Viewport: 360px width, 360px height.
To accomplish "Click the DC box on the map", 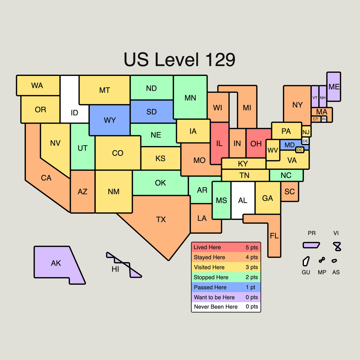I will (300, 150).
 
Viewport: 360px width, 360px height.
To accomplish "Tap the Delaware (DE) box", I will (305, 141).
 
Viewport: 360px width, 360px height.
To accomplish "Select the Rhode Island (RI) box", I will (324, 119).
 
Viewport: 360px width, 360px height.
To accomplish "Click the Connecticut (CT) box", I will (316, 119).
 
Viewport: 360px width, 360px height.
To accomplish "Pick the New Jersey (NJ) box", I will (306, 132).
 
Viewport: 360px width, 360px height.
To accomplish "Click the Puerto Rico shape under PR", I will (311, 245).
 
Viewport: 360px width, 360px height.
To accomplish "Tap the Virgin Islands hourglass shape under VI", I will (337, 247).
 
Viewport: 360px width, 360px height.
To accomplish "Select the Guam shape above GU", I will (306, 261).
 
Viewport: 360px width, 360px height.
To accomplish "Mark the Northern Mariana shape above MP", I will (322, 260).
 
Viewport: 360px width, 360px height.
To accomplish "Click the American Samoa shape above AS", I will (334, 261).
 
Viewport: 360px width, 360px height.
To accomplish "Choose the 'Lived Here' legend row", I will (226, 247).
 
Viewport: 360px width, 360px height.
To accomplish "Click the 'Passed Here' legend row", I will (226, 287).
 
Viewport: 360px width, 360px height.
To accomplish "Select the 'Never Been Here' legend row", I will (226, 307).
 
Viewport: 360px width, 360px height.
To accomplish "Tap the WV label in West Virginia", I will (273, 150).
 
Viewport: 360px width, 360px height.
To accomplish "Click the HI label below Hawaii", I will (115, 269).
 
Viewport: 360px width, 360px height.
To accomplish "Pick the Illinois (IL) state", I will (219, 143).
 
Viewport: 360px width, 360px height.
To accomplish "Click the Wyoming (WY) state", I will (109, 120).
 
